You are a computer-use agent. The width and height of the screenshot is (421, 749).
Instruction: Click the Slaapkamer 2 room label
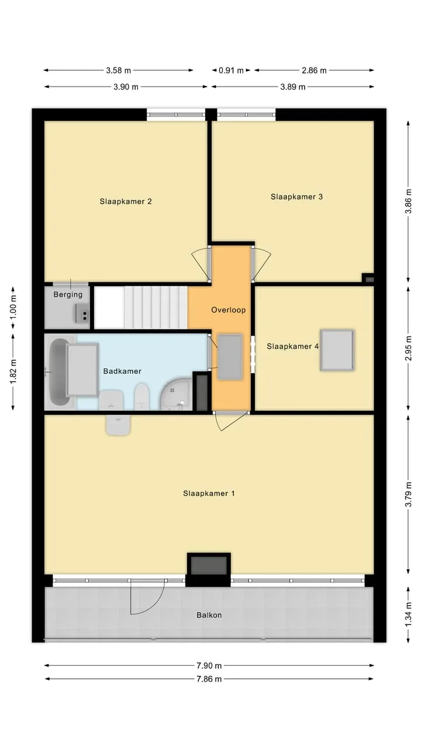pos(126,201)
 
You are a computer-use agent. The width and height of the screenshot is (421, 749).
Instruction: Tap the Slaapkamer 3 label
pos(296,197)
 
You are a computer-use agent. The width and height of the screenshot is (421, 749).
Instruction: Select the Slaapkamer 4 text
pos(293,346)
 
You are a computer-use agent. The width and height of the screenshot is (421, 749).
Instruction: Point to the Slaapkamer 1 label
pos(209,493)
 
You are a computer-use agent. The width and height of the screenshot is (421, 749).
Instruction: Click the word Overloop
pos(229,310)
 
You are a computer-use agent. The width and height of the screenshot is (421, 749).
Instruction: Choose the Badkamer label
pos(122,371)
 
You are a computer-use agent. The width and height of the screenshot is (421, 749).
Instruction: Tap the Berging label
pos(68,294)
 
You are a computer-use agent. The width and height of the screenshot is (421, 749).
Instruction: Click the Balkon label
pos(209,615)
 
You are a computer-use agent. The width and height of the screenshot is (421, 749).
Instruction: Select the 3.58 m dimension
pos(119,71)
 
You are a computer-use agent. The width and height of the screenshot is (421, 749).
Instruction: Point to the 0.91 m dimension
pos(231,71)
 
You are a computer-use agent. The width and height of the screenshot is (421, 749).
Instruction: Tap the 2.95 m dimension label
pos(408,348)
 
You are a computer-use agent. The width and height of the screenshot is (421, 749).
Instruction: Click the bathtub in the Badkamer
pos(60,372)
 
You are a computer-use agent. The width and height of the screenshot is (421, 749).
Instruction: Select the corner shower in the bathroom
pos(175,394)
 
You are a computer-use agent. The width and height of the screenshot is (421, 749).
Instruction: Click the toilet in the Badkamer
pos(142,396)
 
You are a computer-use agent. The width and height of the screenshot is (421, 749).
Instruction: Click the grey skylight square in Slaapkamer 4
pos(337,350)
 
